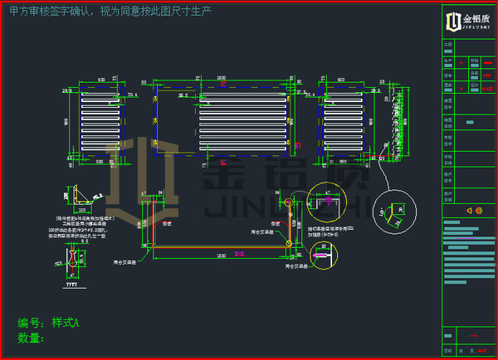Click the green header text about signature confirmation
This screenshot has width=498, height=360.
[x=110, y=12]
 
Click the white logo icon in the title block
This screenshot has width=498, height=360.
[x=453, y=21]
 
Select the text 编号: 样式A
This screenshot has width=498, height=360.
[x=48, y=323]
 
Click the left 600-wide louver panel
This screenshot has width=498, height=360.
[x=104, y=119]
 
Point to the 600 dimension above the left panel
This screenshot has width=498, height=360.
[x=100, y=79]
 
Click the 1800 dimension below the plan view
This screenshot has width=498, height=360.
[x=221, y=256]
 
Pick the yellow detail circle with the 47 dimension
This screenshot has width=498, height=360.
[x=325, y=202]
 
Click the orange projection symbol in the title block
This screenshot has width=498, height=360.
[x=474, y=211]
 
